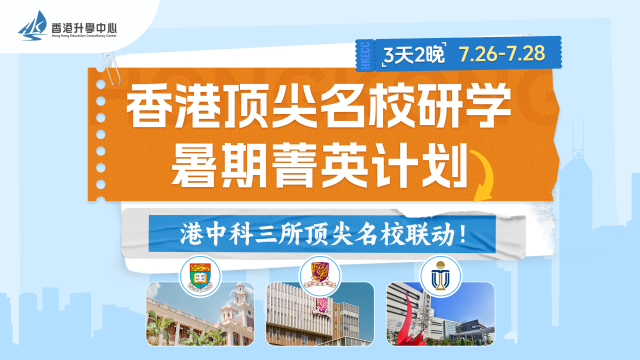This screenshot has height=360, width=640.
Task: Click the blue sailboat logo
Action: (x=33, y=25)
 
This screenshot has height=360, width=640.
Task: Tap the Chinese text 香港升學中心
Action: (x=84, y=28)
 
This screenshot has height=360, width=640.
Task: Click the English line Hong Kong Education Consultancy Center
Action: (x=84, y=35)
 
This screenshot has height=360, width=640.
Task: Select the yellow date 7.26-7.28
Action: (x=502, y=53)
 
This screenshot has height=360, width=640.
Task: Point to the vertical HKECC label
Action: (x=365, y=55)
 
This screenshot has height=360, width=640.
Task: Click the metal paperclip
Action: (x=111, y=67)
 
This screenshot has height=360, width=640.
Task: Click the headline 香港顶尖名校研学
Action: (x=318, y=105)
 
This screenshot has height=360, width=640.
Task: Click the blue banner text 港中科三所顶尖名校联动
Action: (x=317, y=234)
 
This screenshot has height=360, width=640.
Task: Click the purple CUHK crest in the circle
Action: (x=320, y=275)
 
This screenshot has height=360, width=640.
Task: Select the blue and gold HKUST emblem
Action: (x=440, y=275)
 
